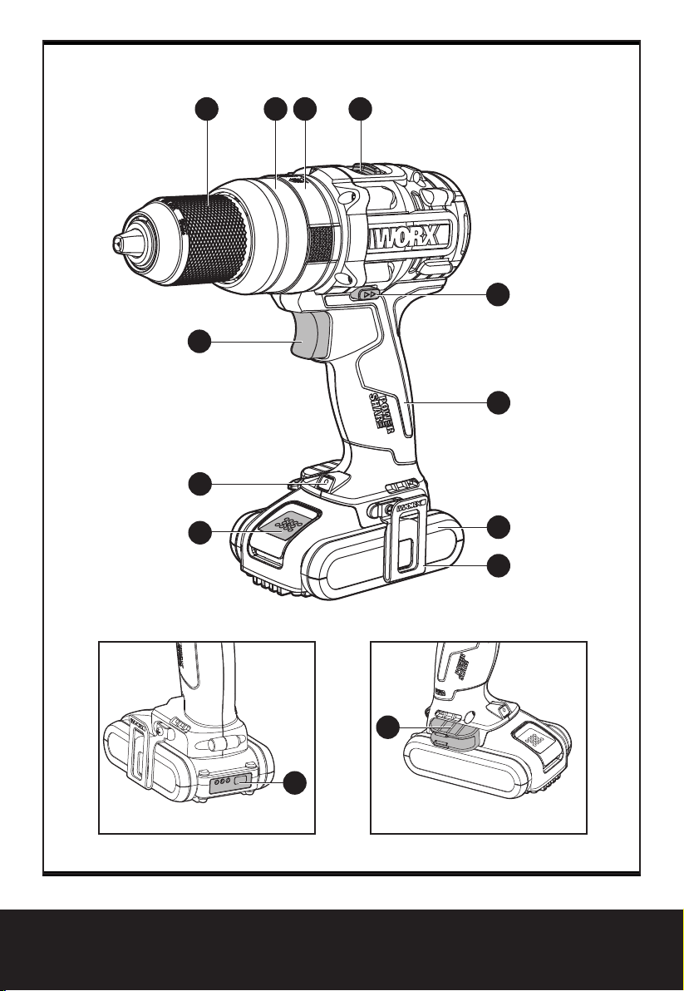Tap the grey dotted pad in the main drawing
click(288, 525)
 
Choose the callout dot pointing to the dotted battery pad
click(198, 532)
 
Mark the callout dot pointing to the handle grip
click(498, 402)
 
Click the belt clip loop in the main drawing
click(405, 540)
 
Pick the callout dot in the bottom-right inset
click(386, 729)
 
